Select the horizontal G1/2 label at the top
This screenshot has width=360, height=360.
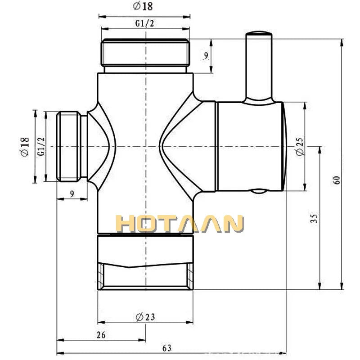[x=145, y=23]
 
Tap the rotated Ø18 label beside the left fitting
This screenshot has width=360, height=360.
[x=25, y=147]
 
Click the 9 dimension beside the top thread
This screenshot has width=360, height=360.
[x=205, y=56]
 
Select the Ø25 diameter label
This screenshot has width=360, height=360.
[x=300, y=146]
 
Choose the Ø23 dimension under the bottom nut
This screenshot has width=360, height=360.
[x=145, y=317]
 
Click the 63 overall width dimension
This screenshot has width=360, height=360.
[x=167, y=348]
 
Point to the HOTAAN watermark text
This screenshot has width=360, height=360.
[x=180, y=224]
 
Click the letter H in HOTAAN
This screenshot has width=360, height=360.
[x=126, y=224]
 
